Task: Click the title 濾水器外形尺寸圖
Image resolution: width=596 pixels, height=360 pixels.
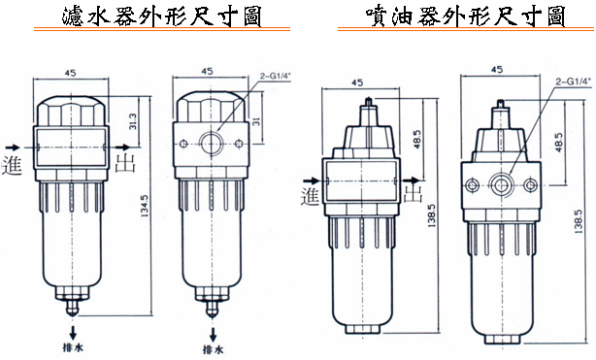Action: point(162,16)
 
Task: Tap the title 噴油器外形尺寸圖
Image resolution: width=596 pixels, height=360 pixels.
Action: point(466,16)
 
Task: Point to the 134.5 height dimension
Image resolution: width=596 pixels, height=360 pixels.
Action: point(145,206)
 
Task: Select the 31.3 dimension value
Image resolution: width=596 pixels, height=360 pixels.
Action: point(133,121)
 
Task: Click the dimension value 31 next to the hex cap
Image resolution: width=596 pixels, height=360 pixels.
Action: point(256,121)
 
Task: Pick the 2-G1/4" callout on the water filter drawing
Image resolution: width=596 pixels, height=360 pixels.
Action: point(276,76)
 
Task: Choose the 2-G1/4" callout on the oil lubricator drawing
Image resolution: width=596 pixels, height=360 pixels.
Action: point(574,82)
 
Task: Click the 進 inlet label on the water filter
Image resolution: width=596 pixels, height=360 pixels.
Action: point(13,165)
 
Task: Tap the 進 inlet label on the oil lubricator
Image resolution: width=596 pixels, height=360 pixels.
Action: point(311,197)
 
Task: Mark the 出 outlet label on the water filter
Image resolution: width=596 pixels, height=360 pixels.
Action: point(125,163)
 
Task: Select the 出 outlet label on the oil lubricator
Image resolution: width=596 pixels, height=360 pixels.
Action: point(414,193)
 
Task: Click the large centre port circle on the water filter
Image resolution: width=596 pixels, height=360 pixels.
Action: point(212,143)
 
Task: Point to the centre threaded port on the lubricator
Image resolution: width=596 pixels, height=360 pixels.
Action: point(502,185)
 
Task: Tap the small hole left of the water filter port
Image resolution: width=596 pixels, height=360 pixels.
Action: point(183,144)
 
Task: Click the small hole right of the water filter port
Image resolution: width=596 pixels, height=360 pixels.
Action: point(239,144)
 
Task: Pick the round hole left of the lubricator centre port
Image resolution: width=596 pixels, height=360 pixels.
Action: point(473,185)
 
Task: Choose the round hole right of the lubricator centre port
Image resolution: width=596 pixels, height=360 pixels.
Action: point(531,185)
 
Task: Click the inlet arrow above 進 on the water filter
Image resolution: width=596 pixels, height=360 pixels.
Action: point(13,147)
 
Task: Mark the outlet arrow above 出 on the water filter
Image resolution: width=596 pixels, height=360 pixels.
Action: point(123,147)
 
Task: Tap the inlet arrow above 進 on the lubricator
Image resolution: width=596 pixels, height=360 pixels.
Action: point(312,180)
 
